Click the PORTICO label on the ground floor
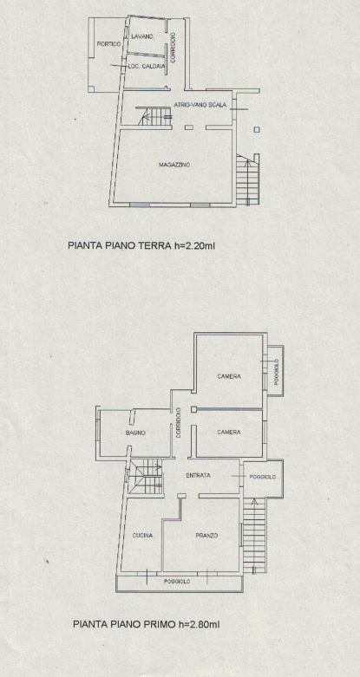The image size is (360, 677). [108, 43]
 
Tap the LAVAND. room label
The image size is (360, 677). [143, 36]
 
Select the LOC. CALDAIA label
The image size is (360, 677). [146, 67]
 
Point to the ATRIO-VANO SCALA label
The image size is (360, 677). [200, 104]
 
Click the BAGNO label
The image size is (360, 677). [134, 433]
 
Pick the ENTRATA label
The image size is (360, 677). [199, 476]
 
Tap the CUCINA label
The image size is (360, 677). [143, 536]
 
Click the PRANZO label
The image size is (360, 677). [206, 536]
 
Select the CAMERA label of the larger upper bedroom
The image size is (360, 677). [229, 376]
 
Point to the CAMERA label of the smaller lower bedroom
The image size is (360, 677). [229, 432]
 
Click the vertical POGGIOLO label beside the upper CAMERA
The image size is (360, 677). [276, 372]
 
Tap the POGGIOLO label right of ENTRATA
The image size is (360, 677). [263, 477]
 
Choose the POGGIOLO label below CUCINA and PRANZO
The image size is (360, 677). [178, 581]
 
